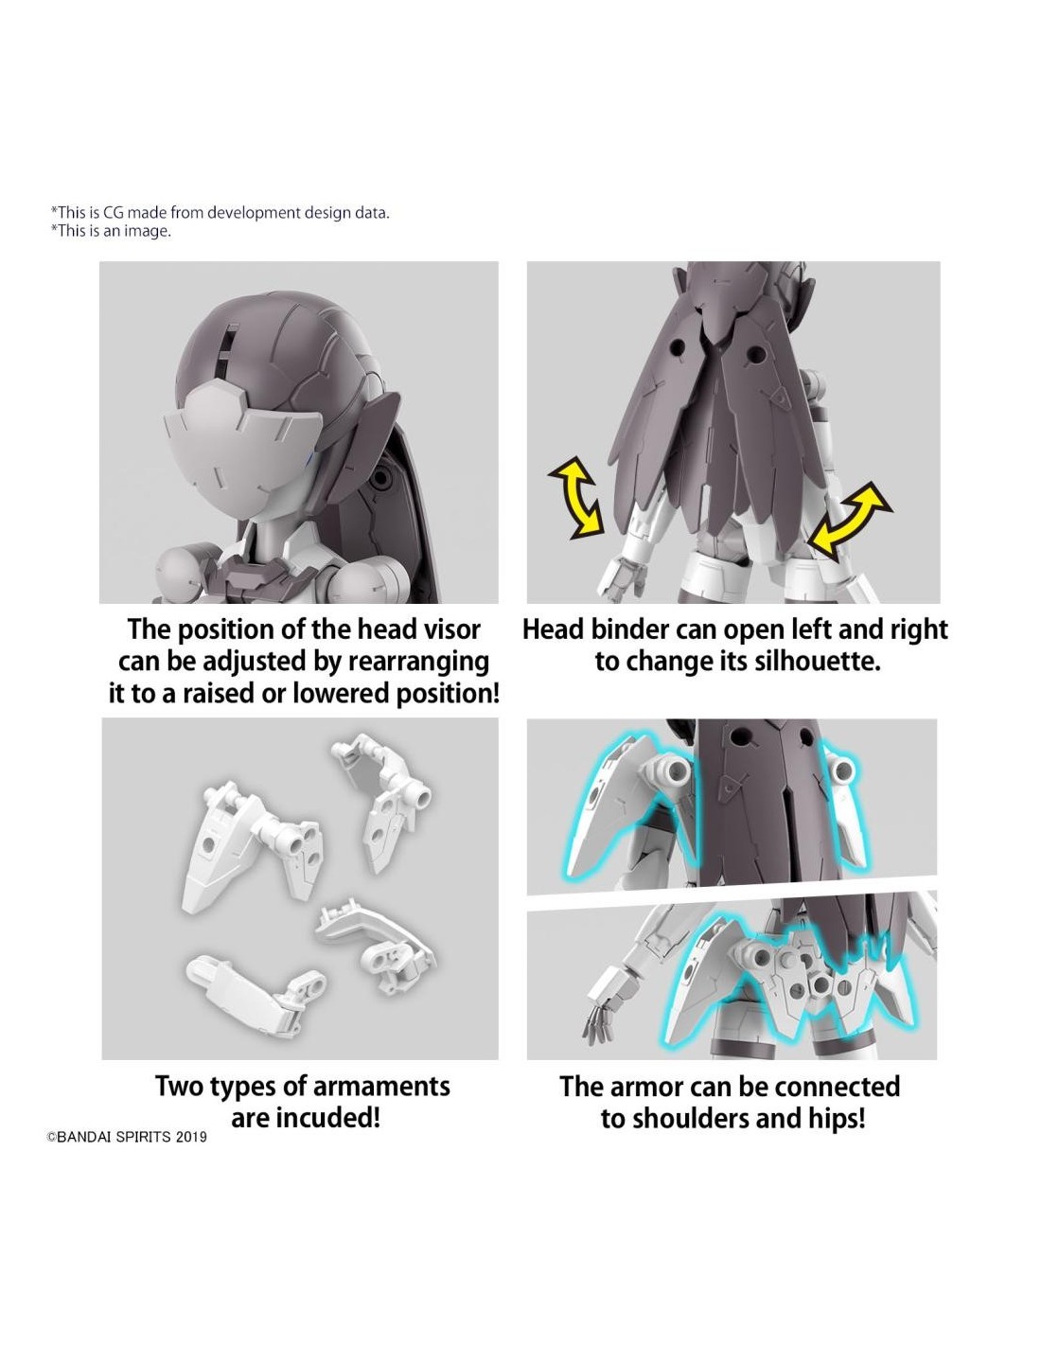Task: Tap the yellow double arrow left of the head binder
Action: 575,496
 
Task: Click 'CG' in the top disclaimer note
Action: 113,212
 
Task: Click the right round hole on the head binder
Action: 755,354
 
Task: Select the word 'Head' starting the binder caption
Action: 553,629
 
